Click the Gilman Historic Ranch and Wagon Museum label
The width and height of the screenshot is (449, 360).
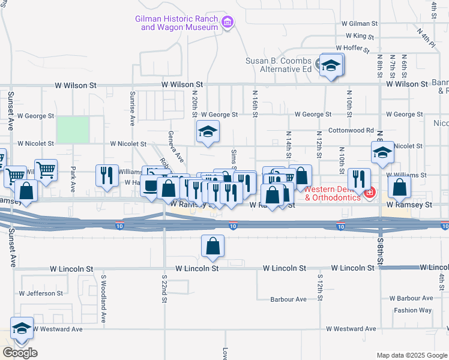coord(179,23)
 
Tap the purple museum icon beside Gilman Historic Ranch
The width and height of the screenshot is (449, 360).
coord(228,23)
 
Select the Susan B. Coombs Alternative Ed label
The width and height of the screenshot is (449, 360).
coord(278,65)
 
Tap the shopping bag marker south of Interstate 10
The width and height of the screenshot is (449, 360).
coord(213,246)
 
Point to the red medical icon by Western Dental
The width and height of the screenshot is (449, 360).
coord(370,193)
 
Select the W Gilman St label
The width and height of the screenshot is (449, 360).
coord(359,24)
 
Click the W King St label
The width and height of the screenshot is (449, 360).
coord(360,36)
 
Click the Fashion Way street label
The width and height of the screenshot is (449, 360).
coord(412,310)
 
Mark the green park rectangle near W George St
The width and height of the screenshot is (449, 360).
coord(73,130)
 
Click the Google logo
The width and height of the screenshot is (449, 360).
coord(20,353)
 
